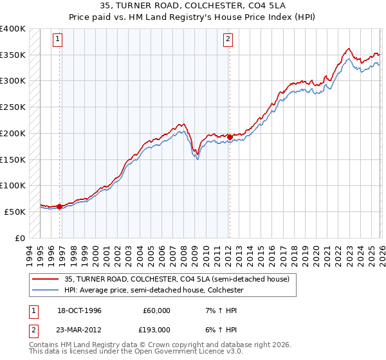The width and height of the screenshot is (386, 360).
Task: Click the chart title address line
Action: pos(193,7)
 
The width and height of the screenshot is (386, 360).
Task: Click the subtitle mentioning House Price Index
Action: pos(193,18)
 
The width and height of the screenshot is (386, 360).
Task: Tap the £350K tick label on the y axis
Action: pos(13,55)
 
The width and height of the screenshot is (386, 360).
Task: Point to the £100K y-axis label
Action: pos(13,186)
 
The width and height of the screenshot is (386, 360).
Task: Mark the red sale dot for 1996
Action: pos(60,206)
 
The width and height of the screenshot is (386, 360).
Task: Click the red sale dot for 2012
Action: pos(230,137)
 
